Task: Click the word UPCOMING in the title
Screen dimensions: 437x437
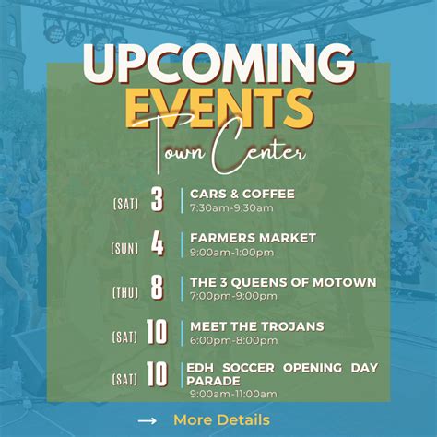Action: (218, 65)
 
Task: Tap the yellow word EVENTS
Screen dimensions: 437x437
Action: (218, 109)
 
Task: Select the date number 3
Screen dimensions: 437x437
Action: (157, 200)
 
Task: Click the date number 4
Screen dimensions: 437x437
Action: (157, 244)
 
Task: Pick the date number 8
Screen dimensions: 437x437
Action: (157, 289)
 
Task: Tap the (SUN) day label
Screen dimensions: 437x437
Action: (124, 247)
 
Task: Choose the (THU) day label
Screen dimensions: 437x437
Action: (125, 291)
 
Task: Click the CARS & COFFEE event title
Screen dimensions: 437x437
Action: (242, 194)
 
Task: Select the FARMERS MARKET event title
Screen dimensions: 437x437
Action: (253, 238)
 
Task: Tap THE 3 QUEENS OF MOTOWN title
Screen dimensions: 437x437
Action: (282, 282)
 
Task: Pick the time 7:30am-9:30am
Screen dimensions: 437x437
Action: (231, 207)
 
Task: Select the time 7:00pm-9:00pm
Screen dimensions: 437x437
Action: (233, 296)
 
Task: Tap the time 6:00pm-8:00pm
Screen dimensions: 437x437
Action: (233, 340)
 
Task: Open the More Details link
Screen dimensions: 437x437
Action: (221, 420)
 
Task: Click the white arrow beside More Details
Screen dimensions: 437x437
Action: (147, 421)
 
